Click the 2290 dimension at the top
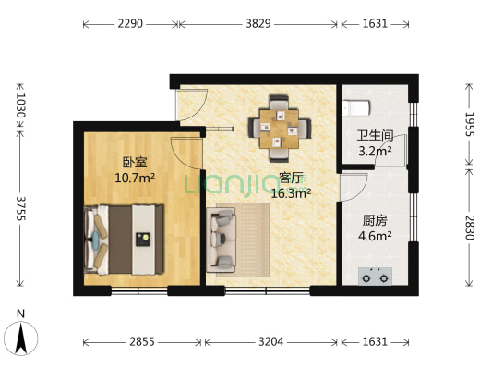point(130,23)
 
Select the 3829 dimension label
point(258,23)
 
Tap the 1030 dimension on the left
point(20,105)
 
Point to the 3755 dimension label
point(20,209)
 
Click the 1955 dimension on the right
point(470,124)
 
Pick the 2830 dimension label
point(470,228)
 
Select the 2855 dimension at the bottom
point(142,341)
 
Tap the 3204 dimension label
point(270,341)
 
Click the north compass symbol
point(21,335)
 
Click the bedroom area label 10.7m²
point(135,179)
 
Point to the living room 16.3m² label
point(291,193)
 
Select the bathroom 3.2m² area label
point(375,151)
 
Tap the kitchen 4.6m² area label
point(375,236)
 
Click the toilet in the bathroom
point(356,108)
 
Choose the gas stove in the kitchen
point(376,276)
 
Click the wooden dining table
point(279,129)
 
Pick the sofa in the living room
point(221,240)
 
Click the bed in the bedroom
point(124,240)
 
